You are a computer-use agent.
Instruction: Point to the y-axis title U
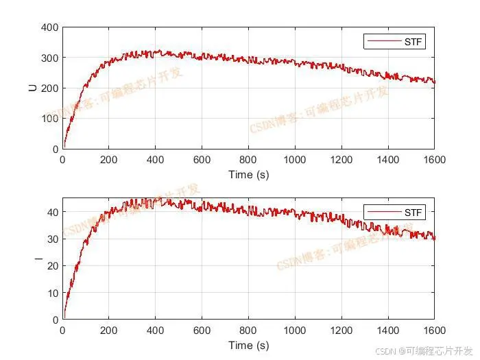32,88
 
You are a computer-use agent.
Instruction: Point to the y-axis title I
32,259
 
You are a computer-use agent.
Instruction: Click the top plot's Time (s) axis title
248,174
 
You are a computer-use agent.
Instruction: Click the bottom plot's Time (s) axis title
248,345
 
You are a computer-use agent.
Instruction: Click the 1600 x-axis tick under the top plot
434,160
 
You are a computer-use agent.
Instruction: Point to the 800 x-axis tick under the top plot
248,160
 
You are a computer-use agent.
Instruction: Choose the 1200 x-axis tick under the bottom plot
341,331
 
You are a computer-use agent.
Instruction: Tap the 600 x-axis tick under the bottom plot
202,331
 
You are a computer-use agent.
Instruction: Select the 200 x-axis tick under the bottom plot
109,331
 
